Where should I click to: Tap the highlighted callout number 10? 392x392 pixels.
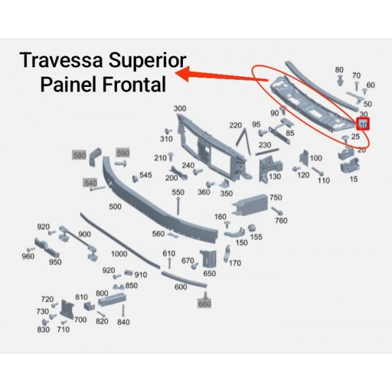coord(364,123)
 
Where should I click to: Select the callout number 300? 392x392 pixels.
coord(180,108)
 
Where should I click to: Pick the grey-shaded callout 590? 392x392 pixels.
coord(123,153)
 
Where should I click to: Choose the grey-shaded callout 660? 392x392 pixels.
coord(204,304)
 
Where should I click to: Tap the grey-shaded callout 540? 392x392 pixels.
coord(90,182)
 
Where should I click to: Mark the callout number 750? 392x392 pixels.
coord(276,197)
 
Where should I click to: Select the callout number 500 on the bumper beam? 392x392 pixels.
coord(115,206)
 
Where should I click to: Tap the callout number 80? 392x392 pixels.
coord(338,70)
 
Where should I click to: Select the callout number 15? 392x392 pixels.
coord(353,178)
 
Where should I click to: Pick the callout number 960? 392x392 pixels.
coord(27,257)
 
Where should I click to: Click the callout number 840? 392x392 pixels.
coord(123,322)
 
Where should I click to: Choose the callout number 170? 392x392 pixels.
coord(235,263)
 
